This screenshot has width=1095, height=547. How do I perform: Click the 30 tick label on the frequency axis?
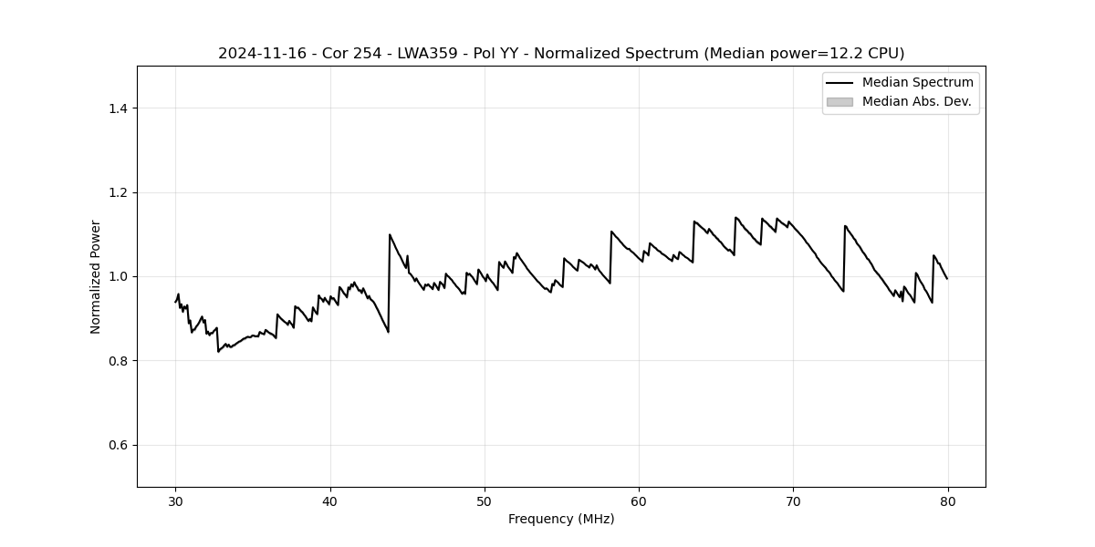176,501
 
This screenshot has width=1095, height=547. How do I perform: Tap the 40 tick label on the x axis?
330,501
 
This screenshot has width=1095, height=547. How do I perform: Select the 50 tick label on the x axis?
485,501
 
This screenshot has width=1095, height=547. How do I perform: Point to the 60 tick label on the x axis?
639,501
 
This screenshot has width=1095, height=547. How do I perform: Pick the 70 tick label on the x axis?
793,501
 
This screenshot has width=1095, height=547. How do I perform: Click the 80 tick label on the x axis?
947,501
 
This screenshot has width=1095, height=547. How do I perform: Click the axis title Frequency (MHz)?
561,519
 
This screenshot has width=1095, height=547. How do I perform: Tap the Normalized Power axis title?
96,276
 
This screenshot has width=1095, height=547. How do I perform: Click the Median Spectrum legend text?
917,83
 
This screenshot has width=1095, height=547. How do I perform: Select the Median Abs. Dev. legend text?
916,101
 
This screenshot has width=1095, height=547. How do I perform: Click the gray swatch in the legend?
839,102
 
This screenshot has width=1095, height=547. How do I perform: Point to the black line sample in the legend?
839,83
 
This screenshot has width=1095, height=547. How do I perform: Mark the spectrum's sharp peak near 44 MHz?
390,234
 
